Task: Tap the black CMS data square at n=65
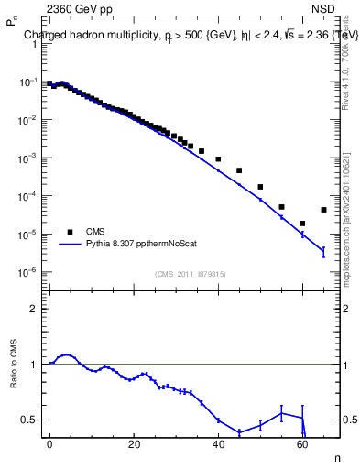[323, 210]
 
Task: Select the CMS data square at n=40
[218, 159]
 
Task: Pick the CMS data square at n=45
[239, 170]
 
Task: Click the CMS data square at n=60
[302, 223]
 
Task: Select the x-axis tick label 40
[218, 444]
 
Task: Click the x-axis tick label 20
[134, 444]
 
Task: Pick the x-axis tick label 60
[302, 444]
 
